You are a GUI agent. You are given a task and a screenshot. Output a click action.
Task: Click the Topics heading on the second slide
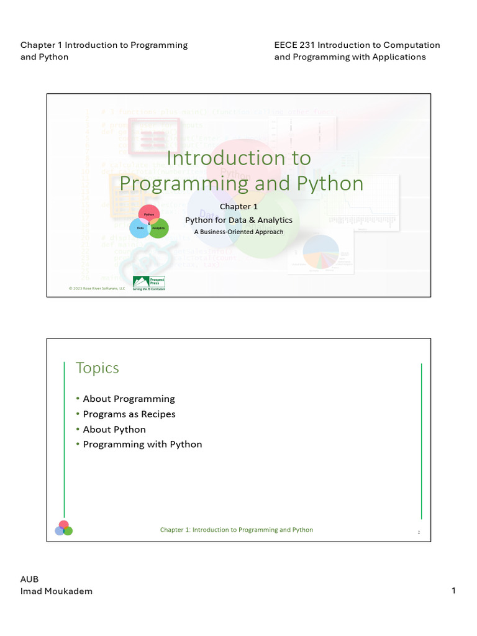97,368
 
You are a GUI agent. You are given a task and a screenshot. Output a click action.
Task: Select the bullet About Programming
129,399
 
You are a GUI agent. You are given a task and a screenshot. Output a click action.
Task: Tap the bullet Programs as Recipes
129,414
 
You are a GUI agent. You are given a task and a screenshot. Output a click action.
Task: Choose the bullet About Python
114,430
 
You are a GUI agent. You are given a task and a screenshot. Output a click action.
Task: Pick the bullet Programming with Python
142,445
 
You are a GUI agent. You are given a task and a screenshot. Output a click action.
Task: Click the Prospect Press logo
149,283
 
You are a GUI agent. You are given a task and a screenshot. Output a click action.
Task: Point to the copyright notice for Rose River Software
96,289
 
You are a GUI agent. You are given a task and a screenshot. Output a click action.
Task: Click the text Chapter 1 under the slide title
238,207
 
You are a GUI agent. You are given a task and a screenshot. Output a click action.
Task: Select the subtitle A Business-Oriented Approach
238,232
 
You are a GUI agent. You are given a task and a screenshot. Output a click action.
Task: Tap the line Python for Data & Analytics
238,220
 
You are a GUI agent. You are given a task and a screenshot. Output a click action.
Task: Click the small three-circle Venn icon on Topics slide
63,528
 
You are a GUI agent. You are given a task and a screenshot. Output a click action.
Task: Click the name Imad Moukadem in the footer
57,591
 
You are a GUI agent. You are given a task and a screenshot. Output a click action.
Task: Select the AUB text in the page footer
30,579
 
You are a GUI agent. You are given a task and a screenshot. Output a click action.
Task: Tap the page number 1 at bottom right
453,591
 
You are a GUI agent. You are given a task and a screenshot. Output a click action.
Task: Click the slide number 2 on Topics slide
419,532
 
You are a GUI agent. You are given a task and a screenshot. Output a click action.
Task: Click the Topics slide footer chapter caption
237,530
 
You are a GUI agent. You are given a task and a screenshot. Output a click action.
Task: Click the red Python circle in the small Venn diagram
148,213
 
